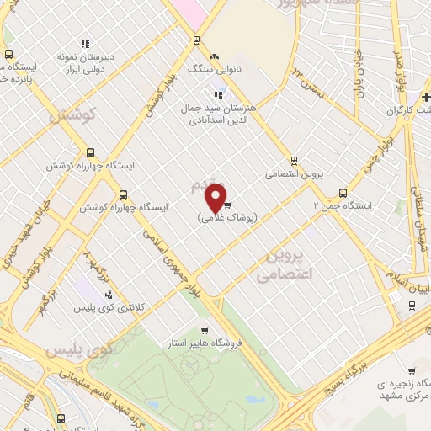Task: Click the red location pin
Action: coord(215,197)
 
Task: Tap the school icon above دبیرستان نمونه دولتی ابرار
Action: coord(84,44)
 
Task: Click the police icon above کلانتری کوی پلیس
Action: coord(109,295)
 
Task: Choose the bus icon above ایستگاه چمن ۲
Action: coord(342,192)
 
